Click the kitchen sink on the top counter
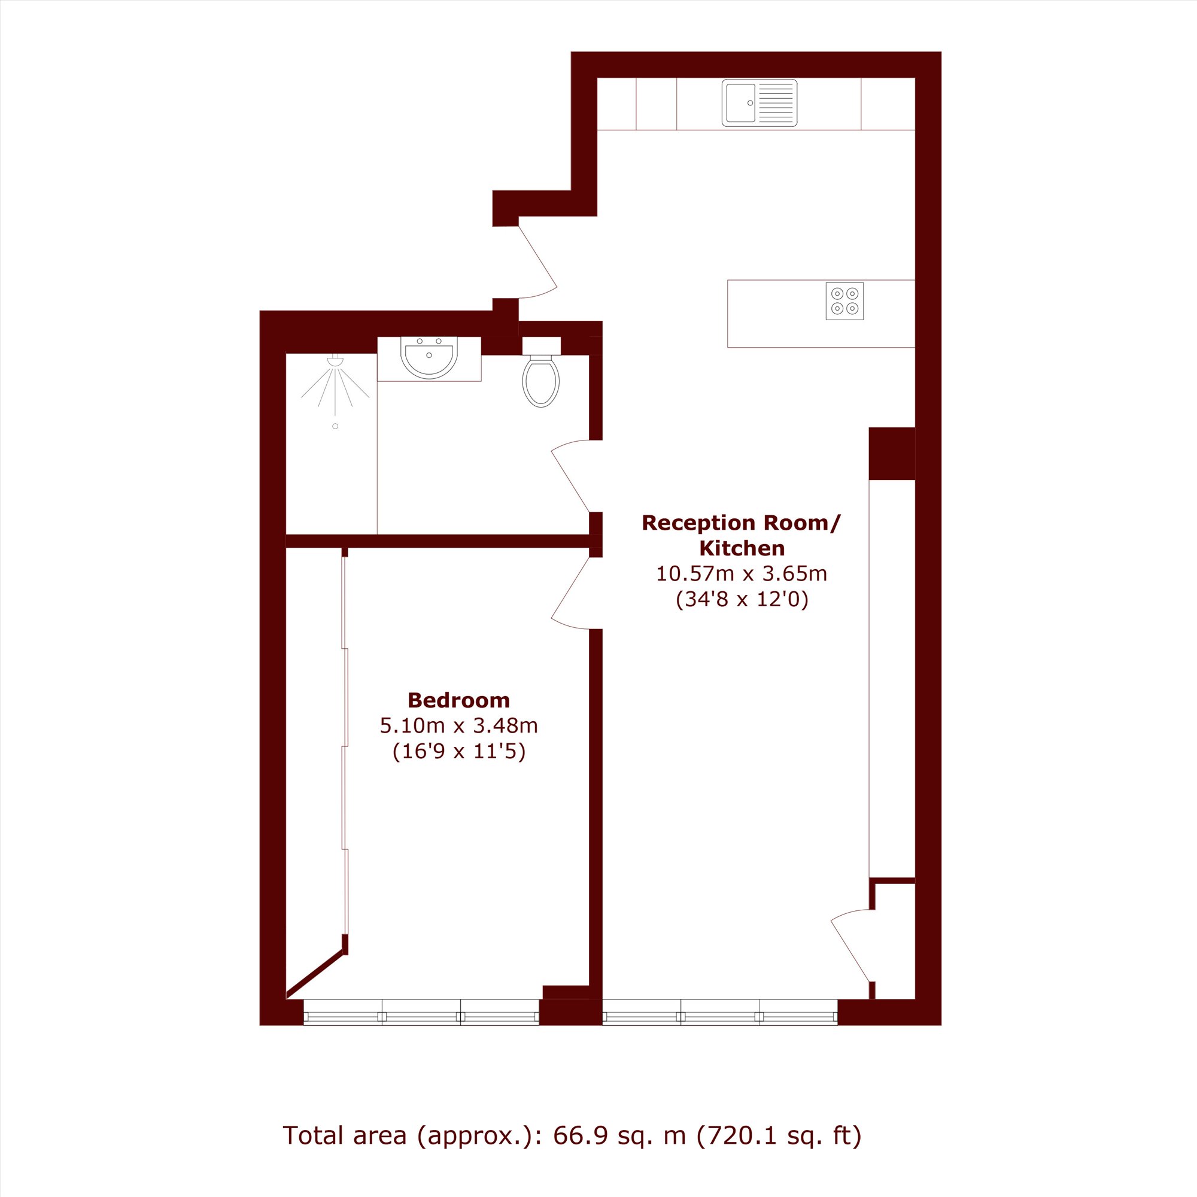pos(759,103)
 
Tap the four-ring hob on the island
pos(844,301)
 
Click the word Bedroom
pos(458,700)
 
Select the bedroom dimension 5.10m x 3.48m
pos(458,725)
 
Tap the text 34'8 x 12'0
pos(742,599)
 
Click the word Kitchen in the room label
pos(742,548)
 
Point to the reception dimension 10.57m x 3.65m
pos(742,574)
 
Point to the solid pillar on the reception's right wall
pos(892,454)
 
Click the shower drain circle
pos(335,426)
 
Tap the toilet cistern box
pos(541,345)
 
